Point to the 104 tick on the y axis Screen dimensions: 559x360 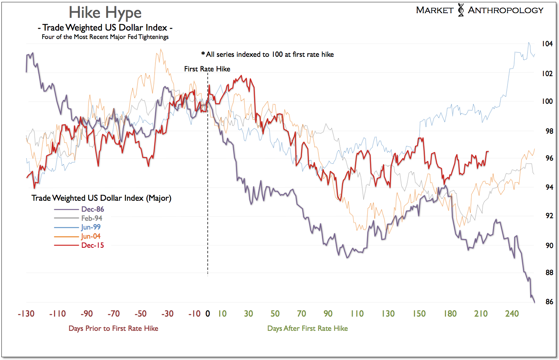click(547, 44)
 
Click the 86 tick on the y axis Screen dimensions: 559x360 click(549, 302)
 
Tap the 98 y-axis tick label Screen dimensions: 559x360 click(549, 131)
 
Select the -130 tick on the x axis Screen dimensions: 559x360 click(26, 314)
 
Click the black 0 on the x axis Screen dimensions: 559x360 click(207, 314)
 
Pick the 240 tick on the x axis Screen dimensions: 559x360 click(512, 314)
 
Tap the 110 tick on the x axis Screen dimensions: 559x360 click(357, 314)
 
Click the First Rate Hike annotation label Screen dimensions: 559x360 click(207, 69)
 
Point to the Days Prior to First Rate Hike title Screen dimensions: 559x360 click(113, 328)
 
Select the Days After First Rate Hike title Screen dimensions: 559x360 click(307, 328)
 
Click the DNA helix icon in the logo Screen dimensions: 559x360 click(461, 10)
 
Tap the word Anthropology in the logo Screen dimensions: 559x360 click(506, 11)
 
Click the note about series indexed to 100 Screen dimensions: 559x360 click(268, 54)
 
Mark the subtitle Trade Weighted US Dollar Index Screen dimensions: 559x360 click(105, 28)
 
